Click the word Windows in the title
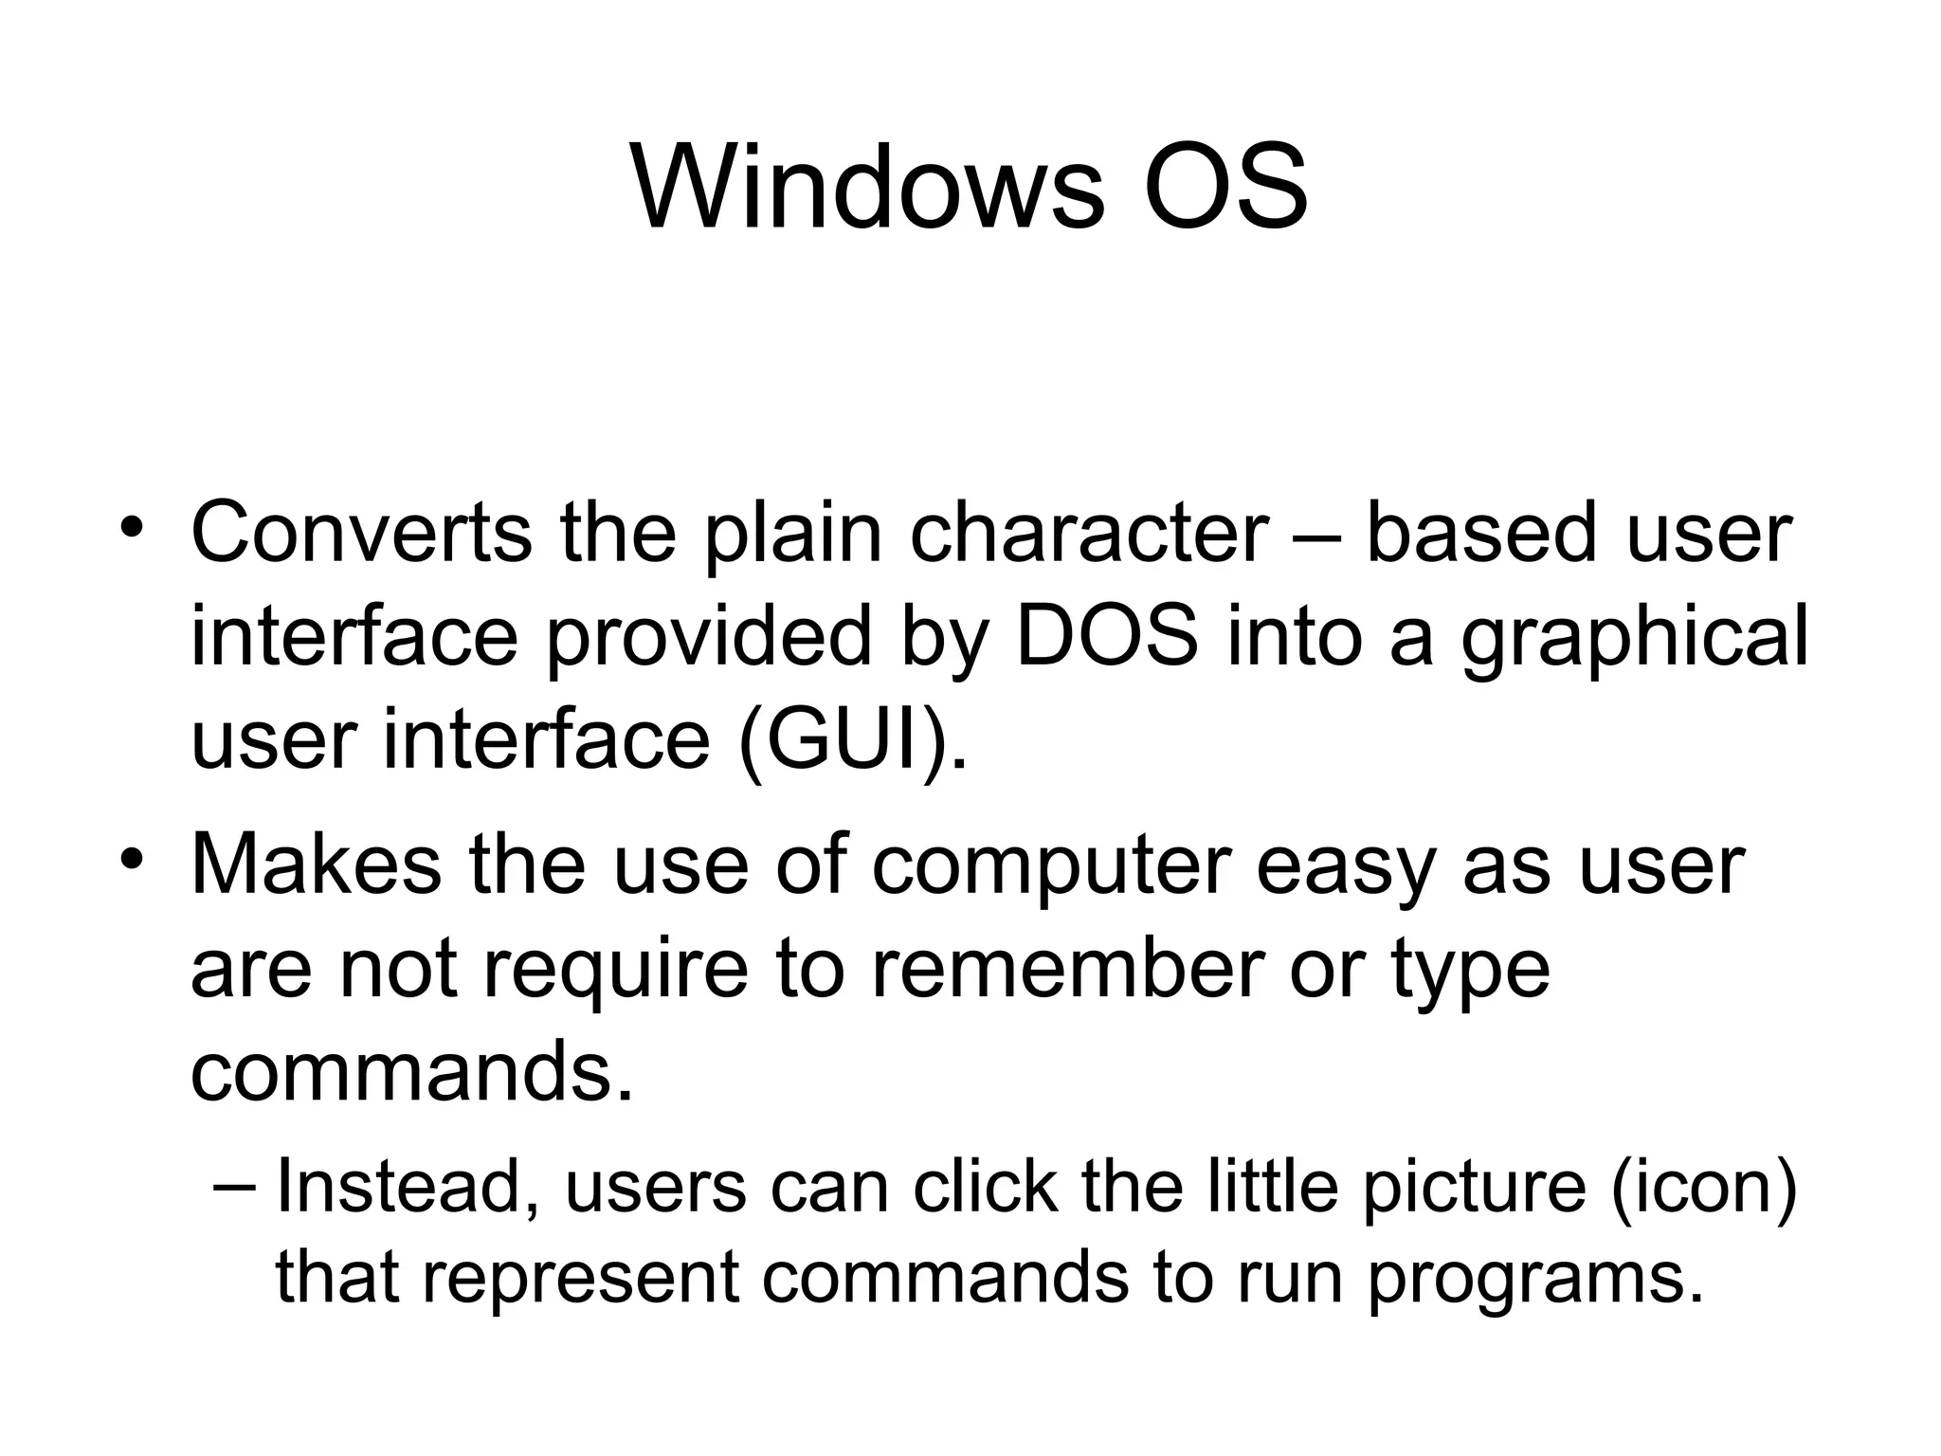866,188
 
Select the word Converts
361,533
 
